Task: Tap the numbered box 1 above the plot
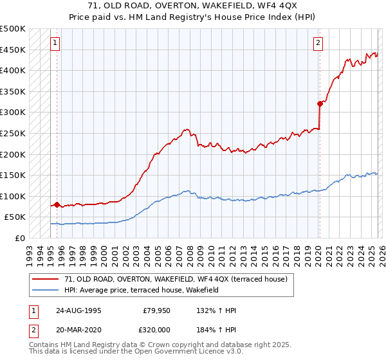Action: pyautogui.click(x=55, y=43)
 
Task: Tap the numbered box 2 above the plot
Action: pyautogui.click(x=318, y=43)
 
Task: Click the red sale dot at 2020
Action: pyautogui.click(x=320, y=103)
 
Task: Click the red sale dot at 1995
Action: pyautogui.click(x=57, y=204)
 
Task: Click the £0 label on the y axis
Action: pyautogui.click(x=19, y=238)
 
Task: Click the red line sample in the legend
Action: pyautogui.click(x=46, y=279)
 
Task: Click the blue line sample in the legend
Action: pyautogui.click(x=46, y=290)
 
